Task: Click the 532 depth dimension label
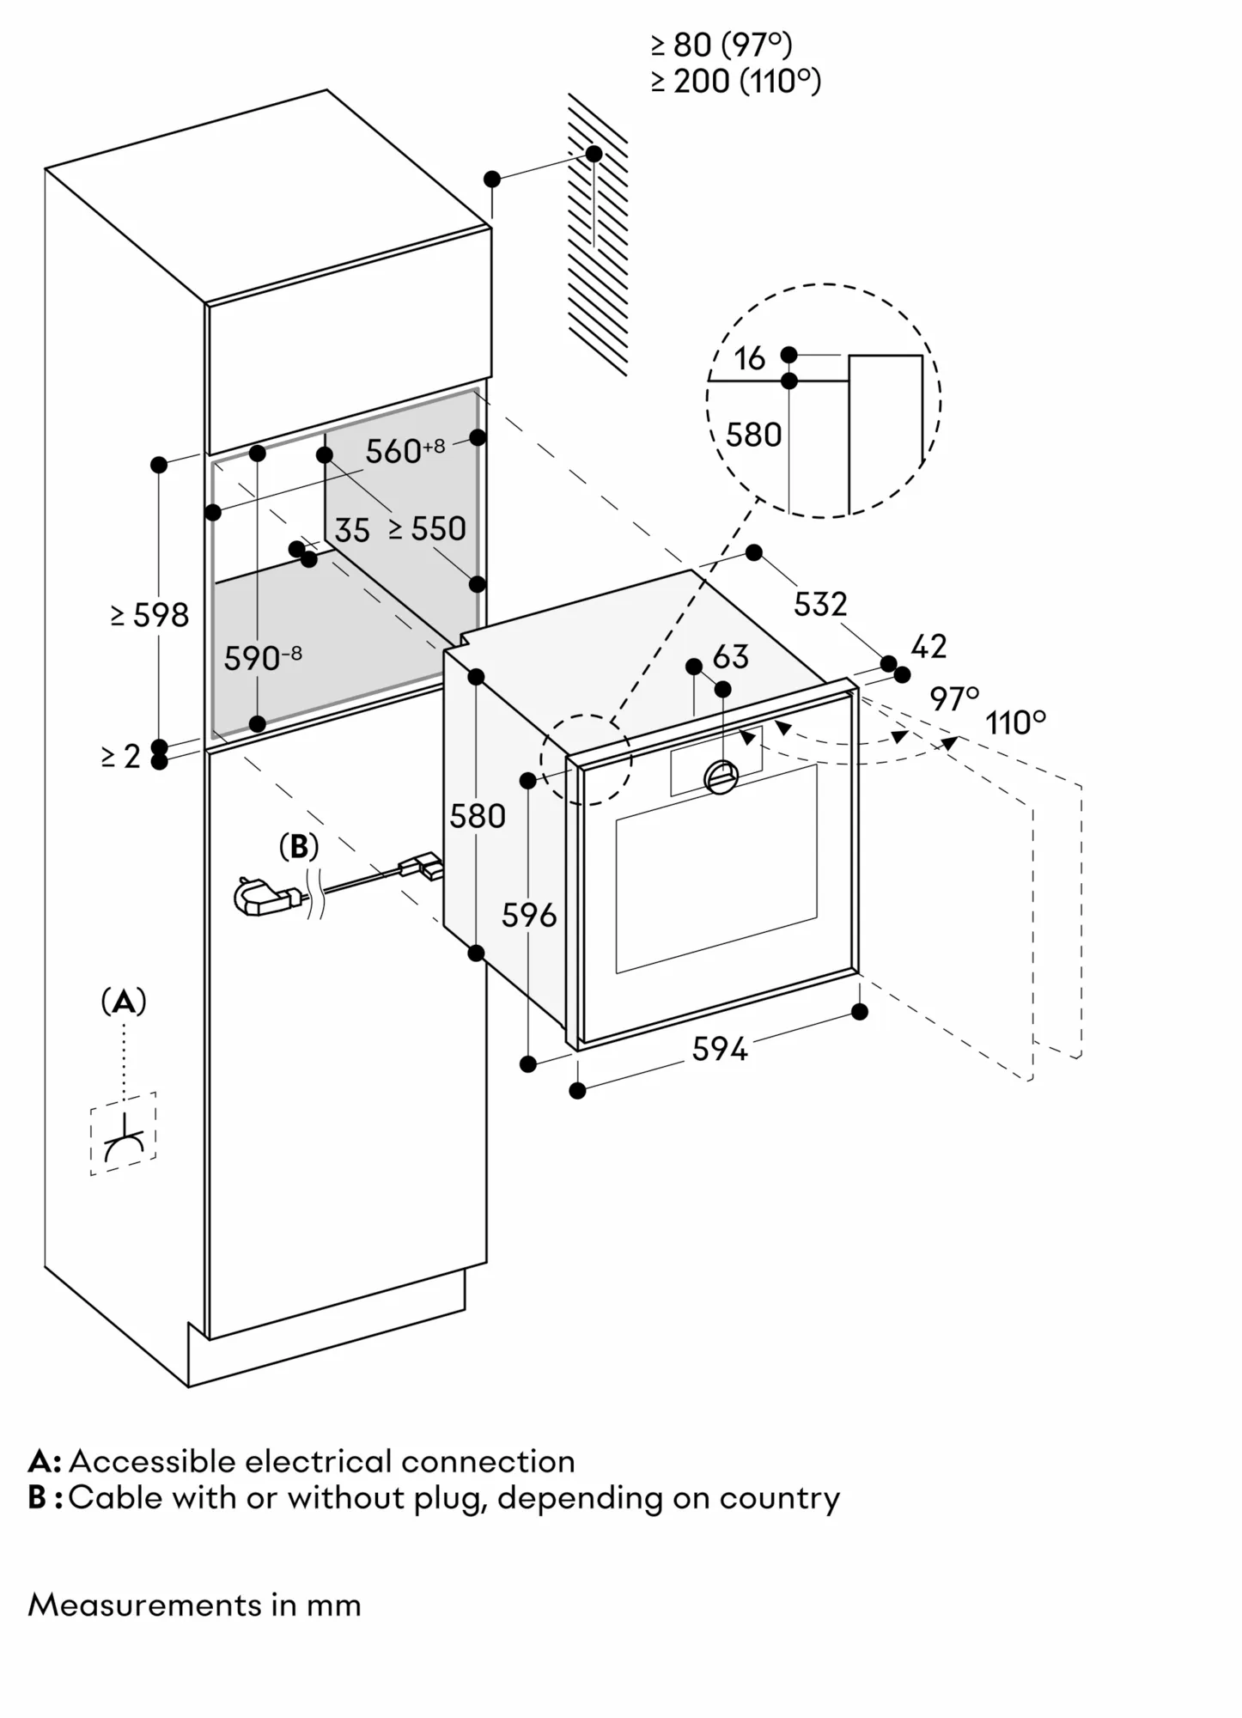point(820,605)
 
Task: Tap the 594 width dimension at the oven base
point(720,1049)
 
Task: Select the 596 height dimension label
point(529,916)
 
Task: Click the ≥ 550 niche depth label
point(427,529)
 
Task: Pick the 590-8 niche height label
point(263,658)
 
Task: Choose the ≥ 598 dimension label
point(150,615)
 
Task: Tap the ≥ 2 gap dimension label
point(120,756)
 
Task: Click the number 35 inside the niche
point(352,531)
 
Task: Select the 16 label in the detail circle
point(750,359)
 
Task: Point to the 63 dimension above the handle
point(730,657)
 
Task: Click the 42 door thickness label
point(928,646)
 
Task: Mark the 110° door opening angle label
point(1016,723)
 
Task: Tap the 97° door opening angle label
point(954,699)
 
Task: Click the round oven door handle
point(721,777)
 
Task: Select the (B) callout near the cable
point(299,847)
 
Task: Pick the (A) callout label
point(124,1002)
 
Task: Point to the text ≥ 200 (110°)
point(735,82)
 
